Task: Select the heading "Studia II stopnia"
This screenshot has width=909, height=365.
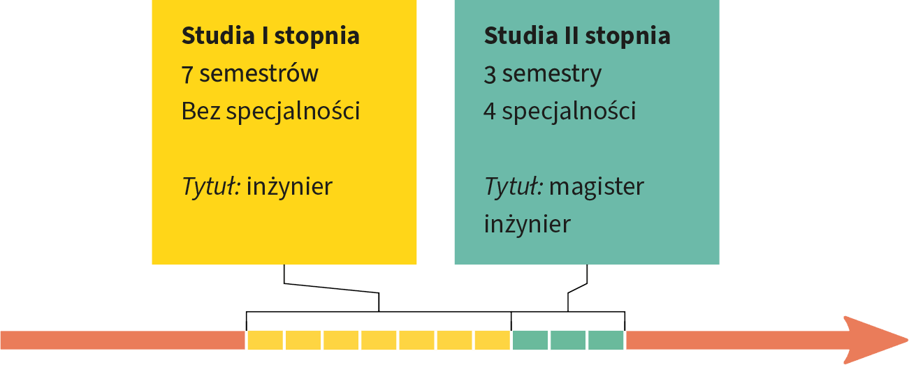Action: click(577, 36)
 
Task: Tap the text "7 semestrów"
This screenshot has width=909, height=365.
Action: click(250, 73)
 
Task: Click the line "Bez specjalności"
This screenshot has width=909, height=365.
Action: click(270, 112)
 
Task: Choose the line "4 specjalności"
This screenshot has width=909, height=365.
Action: click(560, 112)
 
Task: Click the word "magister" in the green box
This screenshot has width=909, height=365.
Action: click(597, 187)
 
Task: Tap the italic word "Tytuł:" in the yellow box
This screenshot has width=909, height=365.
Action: click(212, 186)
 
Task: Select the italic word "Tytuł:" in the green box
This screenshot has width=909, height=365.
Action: click(514, 186)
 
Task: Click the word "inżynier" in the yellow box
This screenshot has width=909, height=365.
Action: click(290, 186)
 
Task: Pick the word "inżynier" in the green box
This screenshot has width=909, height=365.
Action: click(527, 224)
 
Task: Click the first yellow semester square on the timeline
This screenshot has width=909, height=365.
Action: click(266, 340)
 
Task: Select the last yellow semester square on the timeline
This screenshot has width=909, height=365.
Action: click(493, 340)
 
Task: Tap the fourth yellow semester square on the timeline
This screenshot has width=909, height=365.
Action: click(379, 340)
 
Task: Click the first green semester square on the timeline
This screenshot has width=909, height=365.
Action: click(530, 340)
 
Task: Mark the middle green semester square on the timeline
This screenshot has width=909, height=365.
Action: click(568, 340)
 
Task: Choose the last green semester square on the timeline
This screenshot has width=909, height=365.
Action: click(606, 340)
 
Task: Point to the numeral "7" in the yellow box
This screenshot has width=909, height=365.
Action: click(187, 74)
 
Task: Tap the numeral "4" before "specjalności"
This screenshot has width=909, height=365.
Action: click(490, 111)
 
